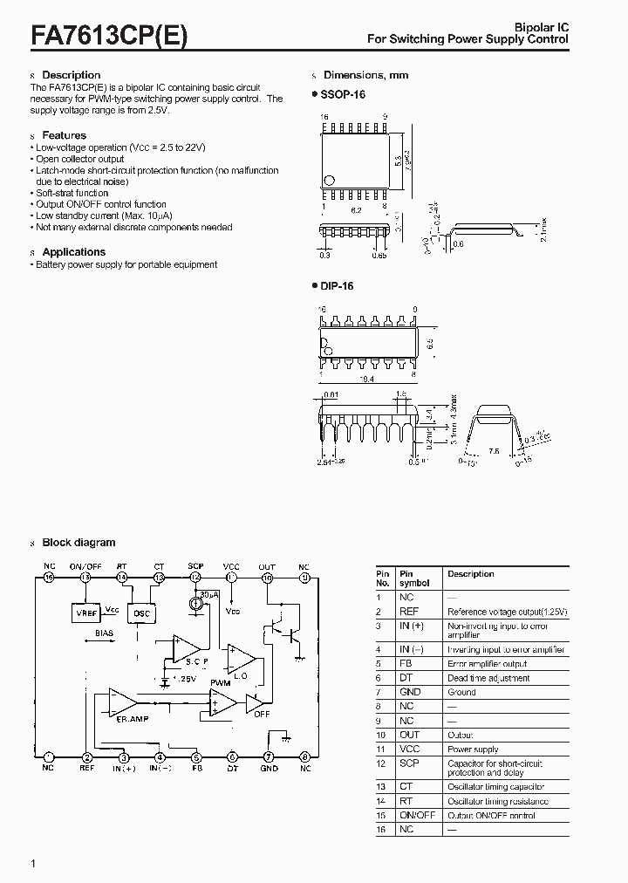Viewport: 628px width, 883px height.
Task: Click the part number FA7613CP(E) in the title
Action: point(109,36)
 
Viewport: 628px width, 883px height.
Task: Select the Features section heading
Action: point(64,135)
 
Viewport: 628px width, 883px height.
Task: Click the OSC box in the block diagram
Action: point(140,613)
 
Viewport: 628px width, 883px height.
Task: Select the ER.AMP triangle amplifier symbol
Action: point(123,701)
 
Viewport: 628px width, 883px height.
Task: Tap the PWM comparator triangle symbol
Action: point(222,702)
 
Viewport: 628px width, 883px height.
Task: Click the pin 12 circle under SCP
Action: point(195,578)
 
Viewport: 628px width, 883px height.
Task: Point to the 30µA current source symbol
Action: point(195,606)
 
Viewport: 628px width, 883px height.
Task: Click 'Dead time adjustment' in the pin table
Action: point(488,678)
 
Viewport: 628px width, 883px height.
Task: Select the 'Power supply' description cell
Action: point(473,750)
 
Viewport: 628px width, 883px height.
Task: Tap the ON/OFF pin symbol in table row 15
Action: point(417,815)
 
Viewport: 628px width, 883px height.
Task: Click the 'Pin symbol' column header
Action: point(408,579)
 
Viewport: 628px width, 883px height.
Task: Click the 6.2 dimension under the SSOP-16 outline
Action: point(355,210)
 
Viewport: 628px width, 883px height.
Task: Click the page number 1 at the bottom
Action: point(33,864)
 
